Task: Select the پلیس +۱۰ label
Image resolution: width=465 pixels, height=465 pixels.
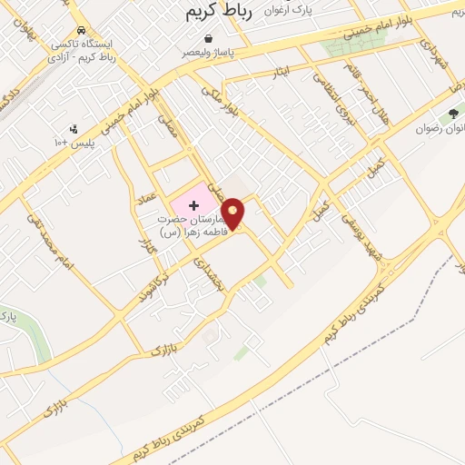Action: pyautogui.click(x=74, y=143)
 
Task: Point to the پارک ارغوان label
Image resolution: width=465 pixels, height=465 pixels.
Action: pyautogui.click(x=307, y=9)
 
